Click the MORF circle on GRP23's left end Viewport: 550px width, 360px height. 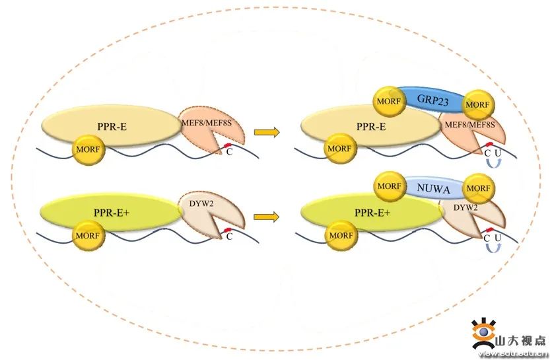(x=388, y=100)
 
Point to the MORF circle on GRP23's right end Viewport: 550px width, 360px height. (x=478, y=104)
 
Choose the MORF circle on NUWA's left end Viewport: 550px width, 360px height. (x=389, y=186)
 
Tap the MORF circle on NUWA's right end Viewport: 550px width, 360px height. (x=478, y=189)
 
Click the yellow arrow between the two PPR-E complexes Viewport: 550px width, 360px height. (x=267, y=132)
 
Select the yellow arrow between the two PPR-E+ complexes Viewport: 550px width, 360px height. (x=267, y=215)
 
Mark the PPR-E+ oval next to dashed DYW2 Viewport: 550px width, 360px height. (x=111, y=211)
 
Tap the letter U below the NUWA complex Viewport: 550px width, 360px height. (x=497, y=237)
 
